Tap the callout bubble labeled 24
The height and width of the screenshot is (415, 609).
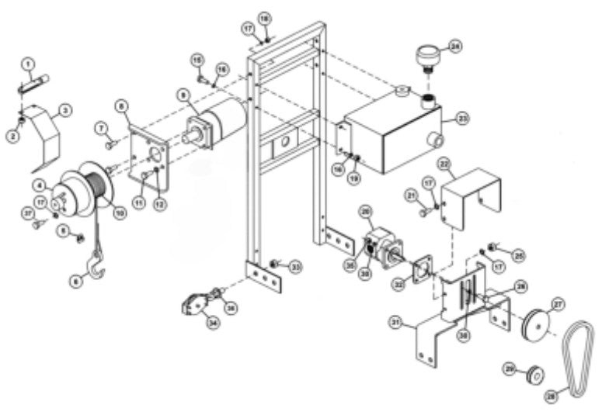(455, 47)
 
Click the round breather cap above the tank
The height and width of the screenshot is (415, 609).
(426, 57)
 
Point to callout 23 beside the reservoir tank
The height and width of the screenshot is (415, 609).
(464, 119)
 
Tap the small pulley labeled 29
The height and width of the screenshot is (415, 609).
(532, 375)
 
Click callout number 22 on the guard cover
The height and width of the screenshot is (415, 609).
(444, 164)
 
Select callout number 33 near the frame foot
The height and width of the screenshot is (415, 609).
(296, 266)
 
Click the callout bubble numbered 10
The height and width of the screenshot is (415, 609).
(119, 211)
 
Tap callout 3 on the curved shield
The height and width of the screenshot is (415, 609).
(66, 111)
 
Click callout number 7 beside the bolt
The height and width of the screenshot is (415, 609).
(100, 127)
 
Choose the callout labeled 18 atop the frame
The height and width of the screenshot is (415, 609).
(264, 17)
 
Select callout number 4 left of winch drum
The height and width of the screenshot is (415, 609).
(37, 185)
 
